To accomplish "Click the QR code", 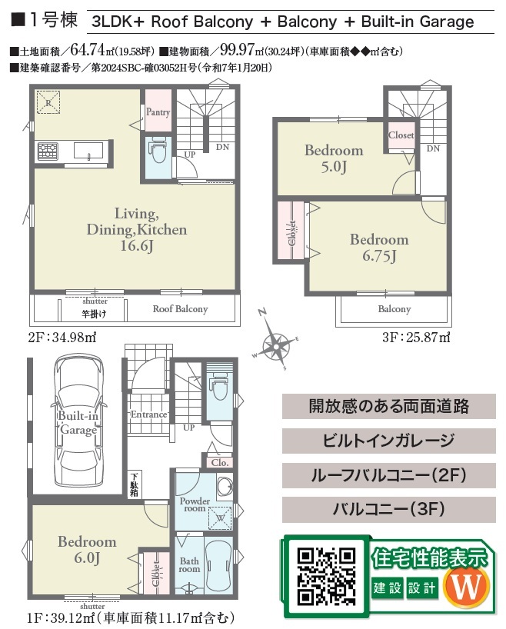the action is point(326,577).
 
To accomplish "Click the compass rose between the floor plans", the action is point(277,344).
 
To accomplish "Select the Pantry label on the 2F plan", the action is point(158,112).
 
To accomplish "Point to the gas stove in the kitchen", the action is point(48,151).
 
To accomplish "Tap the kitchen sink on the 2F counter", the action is point(88,151).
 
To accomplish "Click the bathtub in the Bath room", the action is point(218,564).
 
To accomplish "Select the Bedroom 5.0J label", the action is point(334,158).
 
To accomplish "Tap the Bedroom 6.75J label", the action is point(379,248).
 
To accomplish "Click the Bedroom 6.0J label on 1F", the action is point(87,549).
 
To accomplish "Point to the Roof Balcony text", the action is point(180,309).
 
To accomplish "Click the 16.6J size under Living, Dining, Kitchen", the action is point(137,245).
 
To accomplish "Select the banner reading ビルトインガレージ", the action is point(388,441).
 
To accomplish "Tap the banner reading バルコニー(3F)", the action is point(388,510).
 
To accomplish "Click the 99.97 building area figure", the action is point(237,50).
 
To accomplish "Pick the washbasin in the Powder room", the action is point(224,485).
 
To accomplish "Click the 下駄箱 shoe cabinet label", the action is point(134,484).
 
